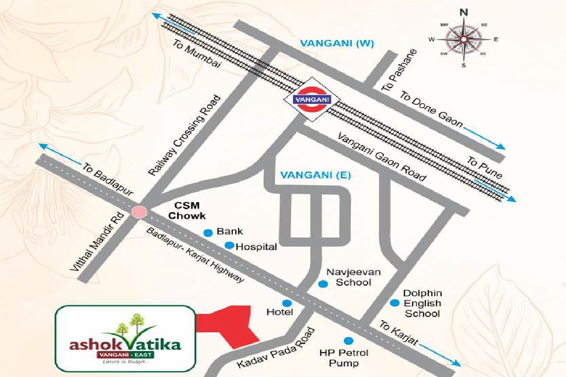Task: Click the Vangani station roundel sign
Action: point(311,99)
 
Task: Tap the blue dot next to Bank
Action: point(207,232)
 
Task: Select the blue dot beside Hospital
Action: point(229,245)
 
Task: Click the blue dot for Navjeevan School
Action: point(323,284)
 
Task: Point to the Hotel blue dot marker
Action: point(286,303)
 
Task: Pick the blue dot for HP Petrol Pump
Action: point(349,340)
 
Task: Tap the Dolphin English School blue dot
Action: point(394,303)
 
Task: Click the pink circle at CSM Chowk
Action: point(139,212)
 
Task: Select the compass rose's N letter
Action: point(464,12)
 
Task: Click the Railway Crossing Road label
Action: point(184,136)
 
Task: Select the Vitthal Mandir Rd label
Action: point(97,241)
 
